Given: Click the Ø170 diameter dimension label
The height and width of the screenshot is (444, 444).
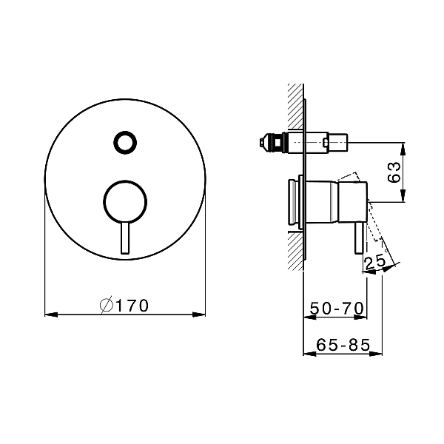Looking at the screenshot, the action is tap(124, 306).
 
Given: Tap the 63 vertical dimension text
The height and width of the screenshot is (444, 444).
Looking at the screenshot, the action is tap(394, 172).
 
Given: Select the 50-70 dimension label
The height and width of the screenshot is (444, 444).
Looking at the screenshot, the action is tap(337, 308).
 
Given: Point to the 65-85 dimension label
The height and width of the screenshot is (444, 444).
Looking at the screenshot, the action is tap(343, 345).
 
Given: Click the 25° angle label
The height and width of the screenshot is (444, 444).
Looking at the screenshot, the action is tap(376, 262).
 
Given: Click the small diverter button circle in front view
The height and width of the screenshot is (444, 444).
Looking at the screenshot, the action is tap(125, 142).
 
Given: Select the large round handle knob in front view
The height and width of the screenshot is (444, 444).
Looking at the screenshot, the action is tap(125, 201).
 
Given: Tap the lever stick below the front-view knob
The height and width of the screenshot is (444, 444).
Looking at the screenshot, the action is tap(125, 238).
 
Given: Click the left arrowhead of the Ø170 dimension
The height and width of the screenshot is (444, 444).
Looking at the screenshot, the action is tap(51, 314).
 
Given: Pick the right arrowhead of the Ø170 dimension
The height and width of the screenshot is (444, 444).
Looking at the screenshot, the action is tap(199, 314).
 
